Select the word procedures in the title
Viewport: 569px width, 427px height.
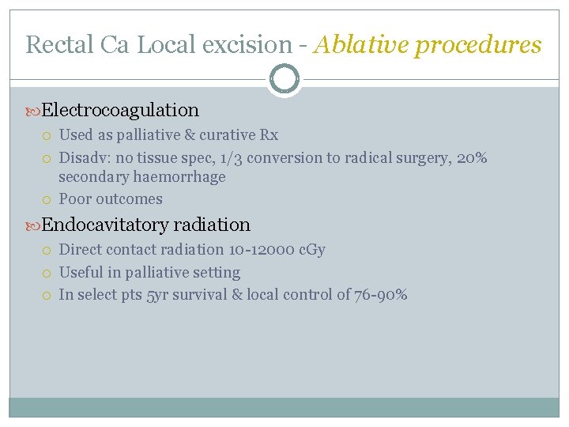479,45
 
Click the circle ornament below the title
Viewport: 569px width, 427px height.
284,79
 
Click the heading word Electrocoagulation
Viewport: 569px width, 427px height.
120,110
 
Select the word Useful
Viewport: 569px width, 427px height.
82,272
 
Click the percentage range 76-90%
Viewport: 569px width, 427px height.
382,295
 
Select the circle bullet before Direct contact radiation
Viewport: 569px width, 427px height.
48,251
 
